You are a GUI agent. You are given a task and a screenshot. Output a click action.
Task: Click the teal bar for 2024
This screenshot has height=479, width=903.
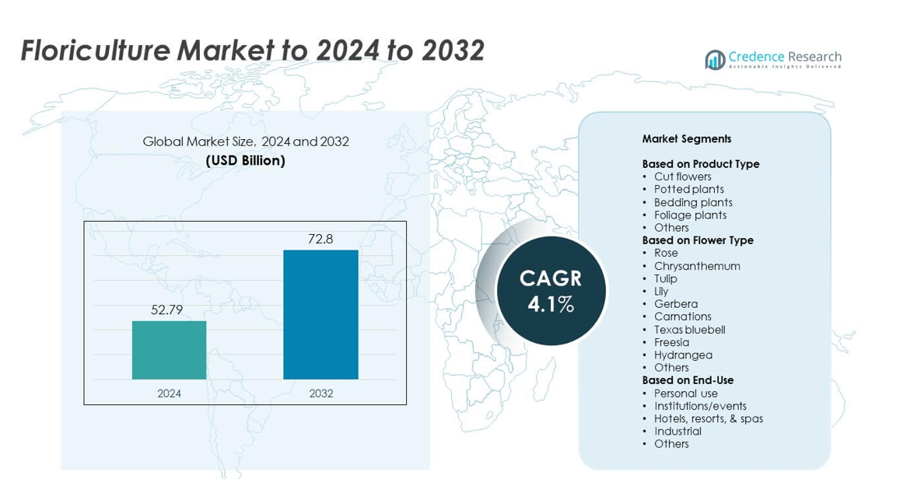[169, 350]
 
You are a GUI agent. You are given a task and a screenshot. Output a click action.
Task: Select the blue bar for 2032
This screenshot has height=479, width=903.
[320, 314]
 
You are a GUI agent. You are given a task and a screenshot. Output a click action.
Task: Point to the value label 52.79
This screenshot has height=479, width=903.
[167, 309]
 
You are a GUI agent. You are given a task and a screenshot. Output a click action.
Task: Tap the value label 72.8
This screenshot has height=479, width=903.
[320, 239]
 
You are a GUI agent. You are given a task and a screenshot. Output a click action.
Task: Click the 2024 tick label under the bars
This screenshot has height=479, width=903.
[169, 393]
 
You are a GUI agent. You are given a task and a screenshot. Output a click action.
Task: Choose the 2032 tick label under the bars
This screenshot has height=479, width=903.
[320, 393]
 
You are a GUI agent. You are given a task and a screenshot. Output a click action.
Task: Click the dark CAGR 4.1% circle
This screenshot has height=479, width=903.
[551, 291]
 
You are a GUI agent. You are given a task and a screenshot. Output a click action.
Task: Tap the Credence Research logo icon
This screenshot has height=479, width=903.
[715, 60]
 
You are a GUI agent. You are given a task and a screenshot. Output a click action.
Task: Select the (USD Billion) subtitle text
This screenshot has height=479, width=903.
[245, 161]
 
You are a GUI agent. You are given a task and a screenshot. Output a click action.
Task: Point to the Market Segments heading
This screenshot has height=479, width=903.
[687, 138]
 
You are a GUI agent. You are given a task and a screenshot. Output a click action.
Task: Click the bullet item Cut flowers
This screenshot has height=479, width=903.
[682, 177]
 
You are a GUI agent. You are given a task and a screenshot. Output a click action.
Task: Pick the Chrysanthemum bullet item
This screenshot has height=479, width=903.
[697, 266]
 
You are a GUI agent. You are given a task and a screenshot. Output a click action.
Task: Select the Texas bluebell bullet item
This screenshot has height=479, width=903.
[689, 330]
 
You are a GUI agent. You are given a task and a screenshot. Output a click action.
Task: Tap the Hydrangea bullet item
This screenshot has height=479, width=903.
[683, 355]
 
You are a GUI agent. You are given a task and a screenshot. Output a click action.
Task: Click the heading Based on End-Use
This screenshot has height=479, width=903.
[688, 380]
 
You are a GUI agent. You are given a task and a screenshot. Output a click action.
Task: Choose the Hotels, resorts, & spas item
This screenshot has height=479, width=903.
[708, 418]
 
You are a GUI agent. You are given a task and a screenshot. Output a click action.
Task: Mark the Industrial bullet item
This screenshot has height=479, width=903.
[677, 431]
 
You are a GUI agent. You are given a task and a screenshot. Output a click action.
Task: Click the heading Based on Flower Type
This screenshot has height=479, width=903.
[698, 240]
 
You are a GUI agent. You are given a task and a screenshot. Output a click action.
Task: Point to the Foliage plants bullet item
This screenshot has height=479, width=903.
[690, 215]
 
